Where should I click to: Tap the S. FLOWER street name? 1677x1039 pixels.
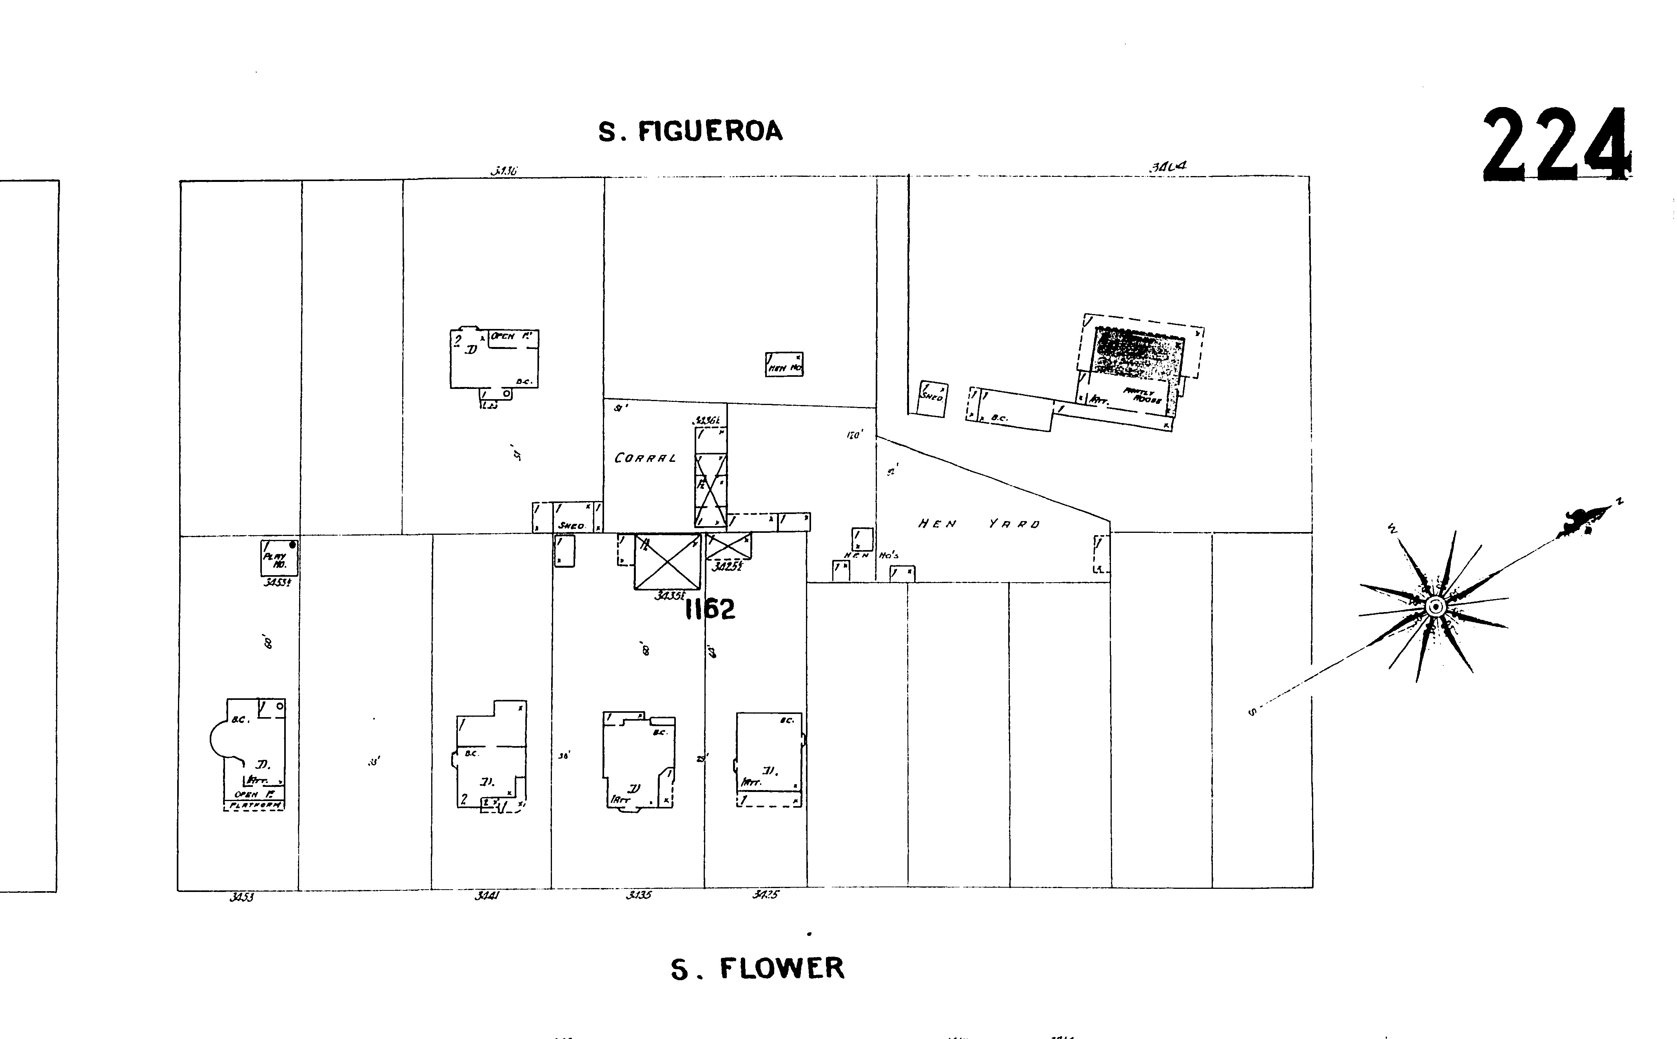click(757, 969)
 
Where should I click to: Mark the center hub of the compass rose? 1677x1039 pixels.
click(1434, 607)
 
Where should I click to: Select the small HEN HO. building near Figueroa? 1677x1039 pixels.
click(784, 364)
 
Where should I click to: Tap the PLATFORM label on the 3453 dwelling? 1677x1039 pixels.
click(254, 805)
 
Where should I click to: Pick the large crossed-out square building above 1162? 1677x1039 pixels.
click(666, 561)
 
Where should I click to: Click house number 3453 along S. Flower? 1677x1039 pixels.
click(242, 897)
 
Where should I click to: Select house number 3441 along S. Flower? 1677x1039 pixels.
click(486, 896)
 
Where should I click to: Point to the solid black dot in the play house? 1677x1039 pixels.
click(293, 545)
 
